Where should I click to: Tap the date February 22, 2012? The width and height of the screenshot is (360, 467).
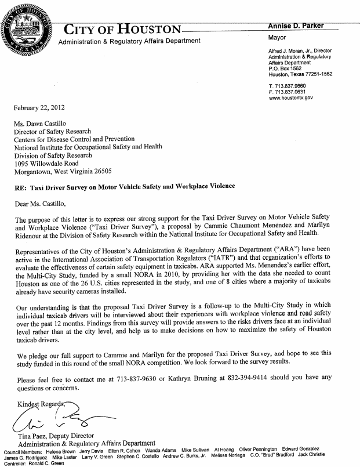39,108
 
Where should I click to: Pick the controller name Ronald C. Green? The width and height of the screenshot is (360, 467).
53,464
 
